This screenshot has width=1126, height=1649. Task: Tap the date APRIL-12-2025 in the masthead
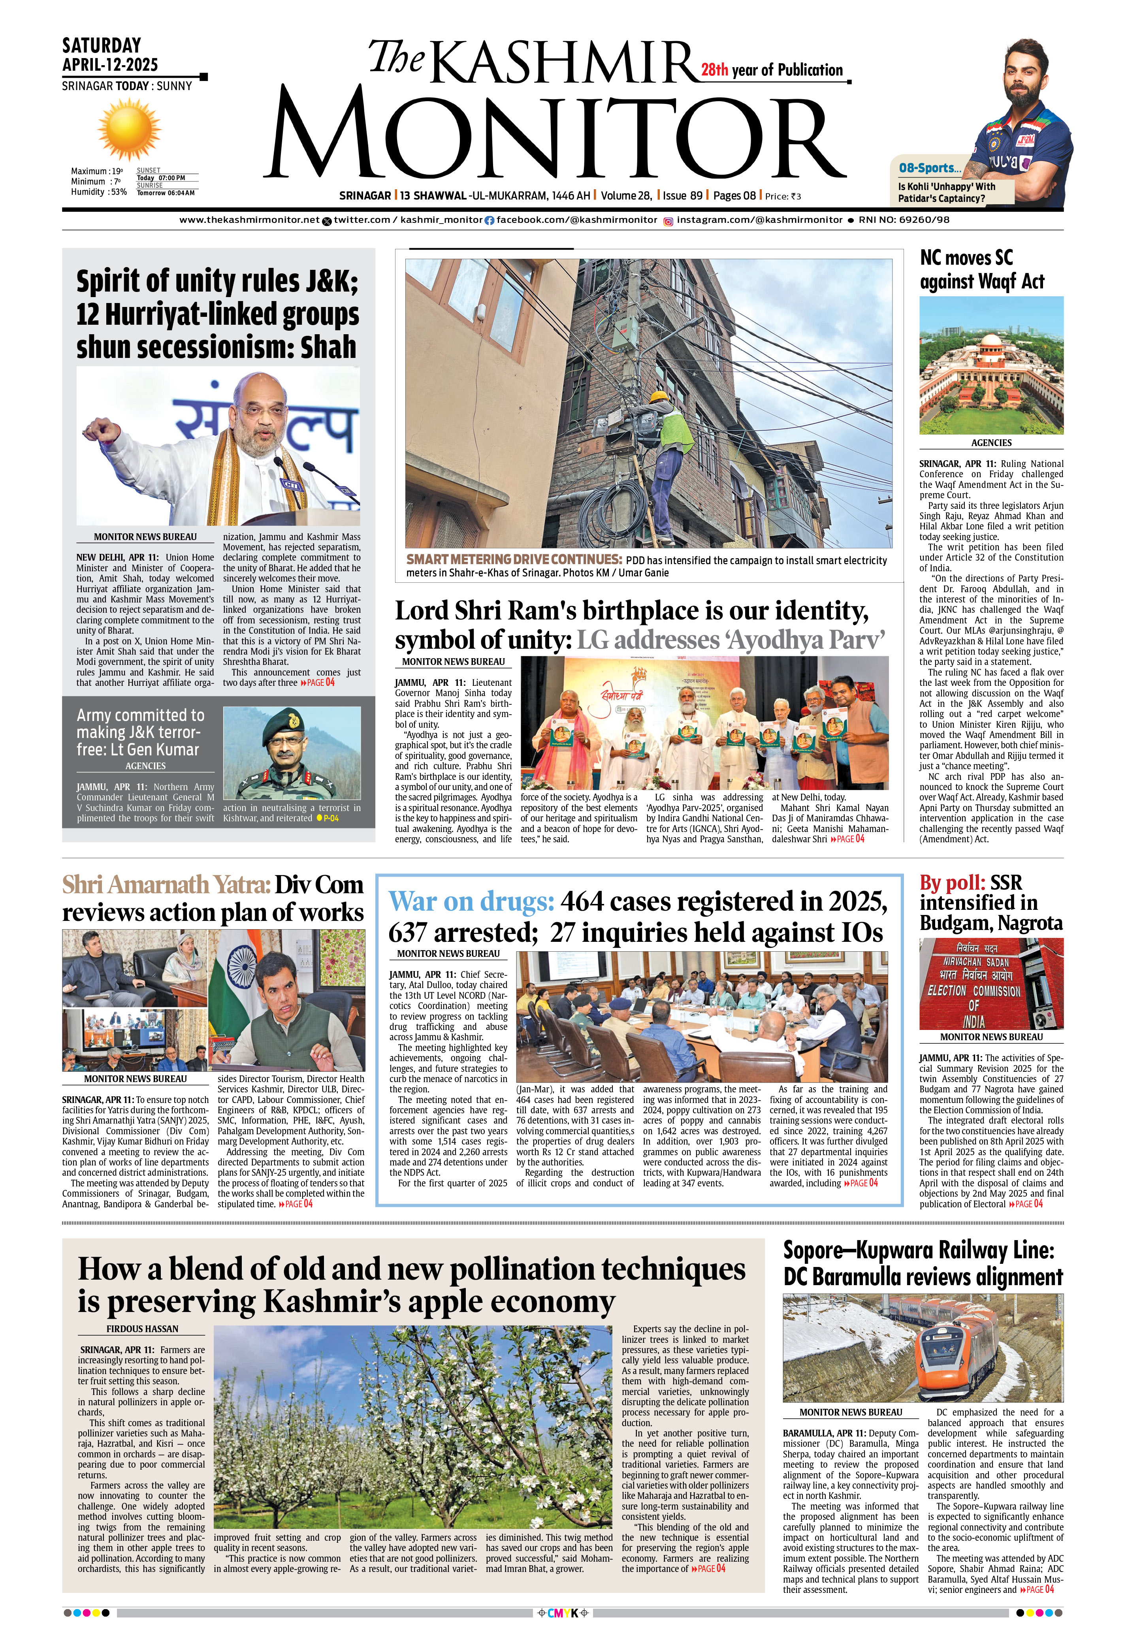point(110,64)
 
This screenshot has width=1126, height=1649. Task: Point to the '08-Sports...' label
point(930,168)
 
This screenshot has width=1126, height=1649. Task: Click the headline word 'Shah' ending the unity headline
point(328,347)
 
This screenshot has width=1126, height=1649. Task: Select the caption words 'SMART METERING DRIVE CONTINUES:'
point(514,559)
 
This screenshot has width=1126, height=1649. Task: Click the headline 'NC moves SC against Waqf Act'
point(981,269)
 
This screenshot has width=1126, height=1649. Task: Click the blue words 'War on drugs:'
point(471,901)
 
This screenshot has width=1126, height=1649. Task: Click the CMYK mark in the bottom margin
point(563,1613)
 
